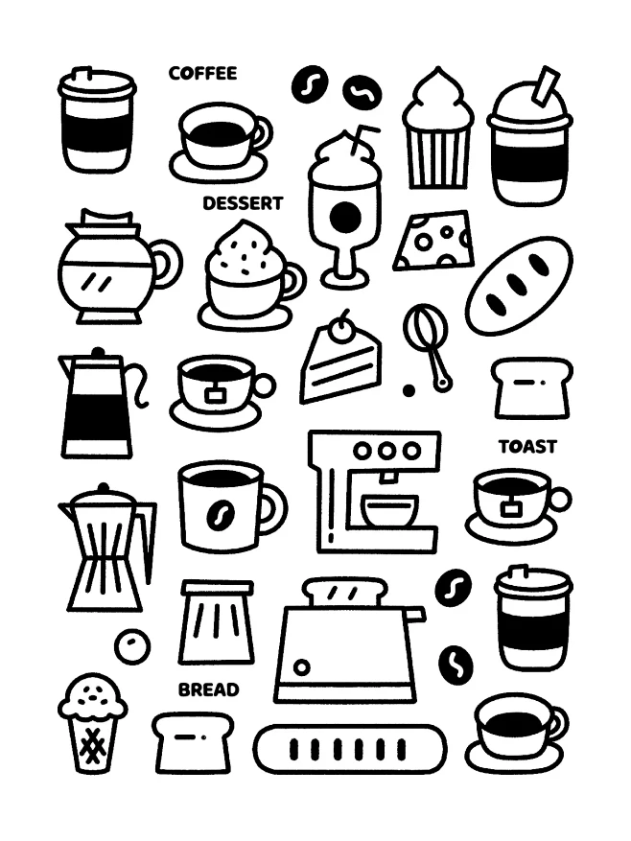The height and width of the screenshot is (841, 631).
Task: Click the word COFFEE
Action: pos(203,74)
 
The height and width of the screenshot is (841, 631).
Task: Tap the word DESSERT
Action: pos(243,203)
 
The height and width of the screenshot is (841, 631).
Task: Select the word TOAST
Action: pos(528,447)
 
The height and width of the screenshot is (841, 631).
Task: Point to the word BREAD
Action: pos(208,689)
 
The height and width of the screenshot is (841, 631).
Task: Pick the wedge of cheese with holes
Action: pos(434,241)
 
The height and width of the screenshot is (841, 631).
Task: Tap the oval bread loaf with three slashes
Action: pos(519,286)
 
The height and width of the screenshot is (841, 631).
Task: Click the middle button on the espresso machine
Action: pos(386,451)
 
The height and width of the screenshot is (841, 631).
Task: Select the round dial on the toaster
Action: pos(301,667)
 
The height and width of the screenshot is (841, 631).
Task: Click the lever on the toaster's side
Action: pos(415,614)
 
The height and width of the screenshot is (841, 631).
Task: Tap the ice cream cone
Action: pos(93,723)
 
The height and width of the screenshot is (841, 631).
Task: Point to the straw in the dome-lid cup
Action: pos(545,84)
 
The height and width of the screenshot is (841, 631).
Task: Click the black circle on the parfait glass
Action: pos(345,216)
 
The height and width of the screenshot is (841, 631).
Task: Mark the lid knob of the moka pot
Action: pos(103,489)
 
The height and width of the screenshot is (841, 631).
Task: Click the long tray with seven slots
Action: pos(350,749)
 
